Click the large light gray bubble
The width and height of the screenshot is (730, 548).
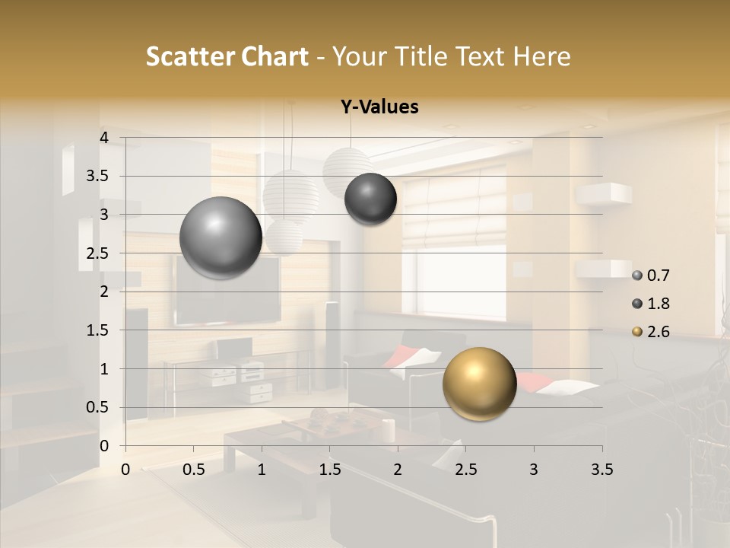click(221, 237)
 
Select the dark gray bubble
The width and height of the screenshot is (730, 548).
click(370, 199)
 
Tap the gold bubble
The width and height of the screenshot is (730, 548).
click(479, 384)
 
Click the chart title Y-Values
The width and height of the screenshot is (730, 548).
click(379, 107)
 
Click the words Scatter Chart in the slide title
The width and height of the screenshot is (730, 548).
click(227, 56)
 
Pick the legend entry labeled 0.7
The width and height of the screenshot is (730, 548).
click(651, 276)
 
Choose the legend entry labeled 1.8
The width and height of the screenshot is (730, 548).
click(651, 304)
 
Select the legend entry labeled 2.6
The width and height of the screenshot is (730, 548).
click(651, 332)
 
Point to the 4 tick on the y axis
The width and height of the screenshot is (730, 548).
click(104, 137)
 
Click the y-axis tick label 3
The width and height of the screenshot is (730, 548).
click(104, 215)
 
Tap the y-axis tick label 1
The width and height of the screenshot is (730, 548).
click(104, 368)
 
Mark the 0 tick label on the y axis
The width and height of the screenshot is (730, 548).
click(104, 445)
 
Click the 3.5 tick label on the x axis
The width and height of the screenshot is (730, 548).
click(601, 470)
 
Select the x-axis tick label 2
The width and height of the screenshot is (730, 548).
click(398, 470)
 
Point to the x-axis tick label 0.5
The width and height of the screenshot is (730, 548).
click(194, 470)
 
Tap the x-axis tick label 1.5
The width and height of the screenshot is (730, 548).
click(330, 470)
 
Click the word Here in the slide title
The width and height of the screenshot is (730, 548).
click(541, 56)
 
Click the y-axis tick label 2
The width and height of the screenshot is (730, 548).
click(104, 292)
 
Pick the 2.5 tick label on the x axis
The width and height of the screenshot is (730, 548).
click(465, 470)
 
